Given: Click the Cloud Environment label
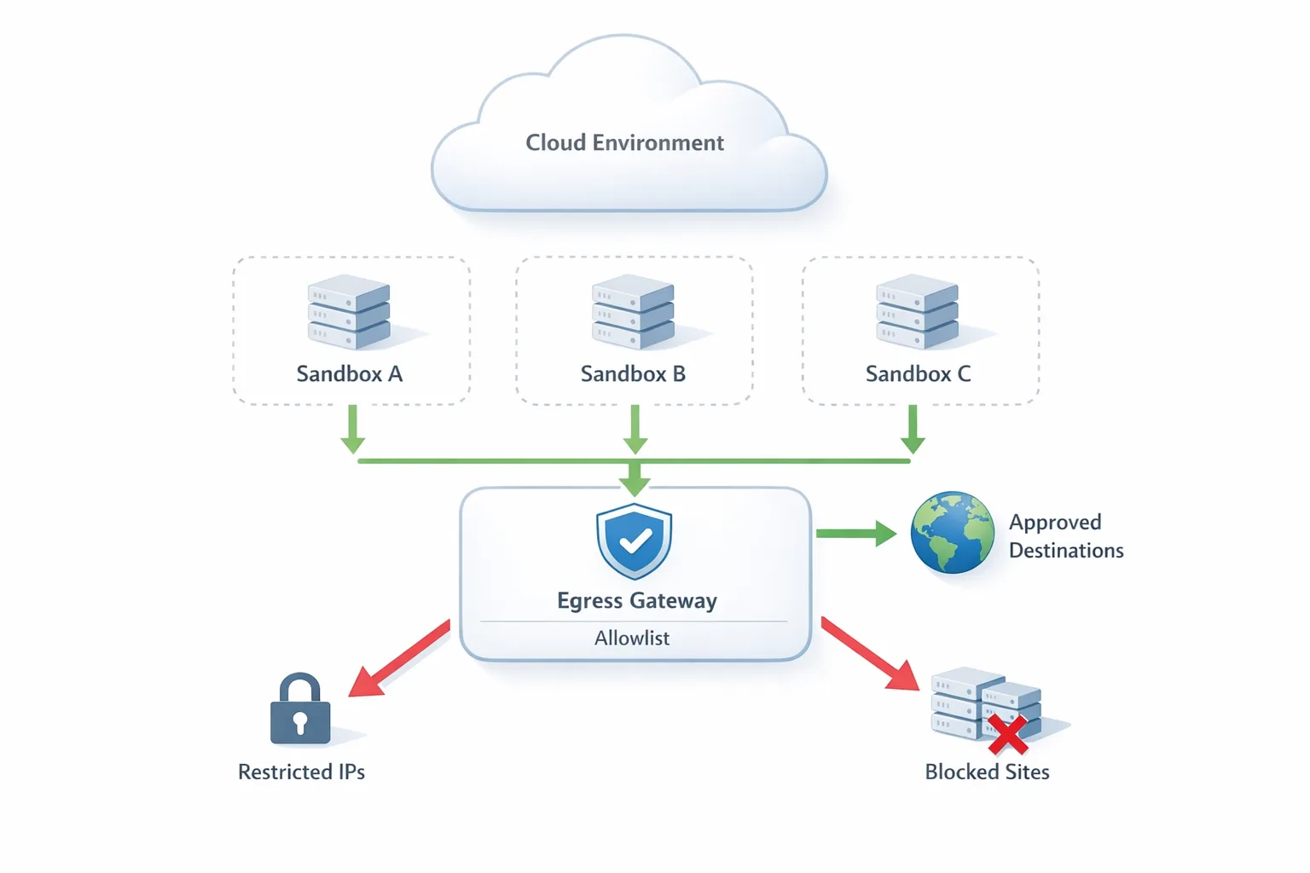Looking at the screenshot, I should (x=624, y=142).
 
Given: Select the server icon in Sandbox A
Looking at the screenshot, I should (x=349, y=312).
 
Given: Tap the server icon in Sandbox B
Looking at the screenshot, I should (x=633, y=312).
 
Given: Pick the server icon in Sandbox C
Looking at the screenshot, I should (x=917, y=312).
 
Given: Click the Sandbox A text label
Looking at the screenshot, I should (x=349, y=374).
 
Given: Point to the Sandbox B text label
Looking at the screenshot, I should (x=633, y=374).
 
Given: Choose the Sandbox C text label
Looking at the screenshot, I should (x=918, y=374).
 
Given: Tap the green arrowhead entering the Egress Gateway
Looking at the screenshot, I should (x=635, y=482).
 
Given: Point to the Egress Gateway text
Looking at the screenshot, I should (x=636, y=601).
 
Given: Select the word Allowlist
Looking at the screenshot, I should (x=632, y=639).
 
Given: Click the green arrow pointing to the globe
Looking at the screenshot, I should (x=855, y=534).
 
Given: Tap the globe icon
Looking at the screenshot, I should (x=952, y=533).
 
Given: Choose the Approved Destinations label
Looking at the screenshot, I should (x=1065, y=536).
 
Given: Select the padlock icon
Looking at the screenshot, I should (x=300, y=710).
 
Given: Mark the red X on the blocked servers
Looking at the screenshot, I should (x=1007, y=735).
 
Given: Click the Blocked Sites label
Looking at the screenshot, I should (x=987, y=772).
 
